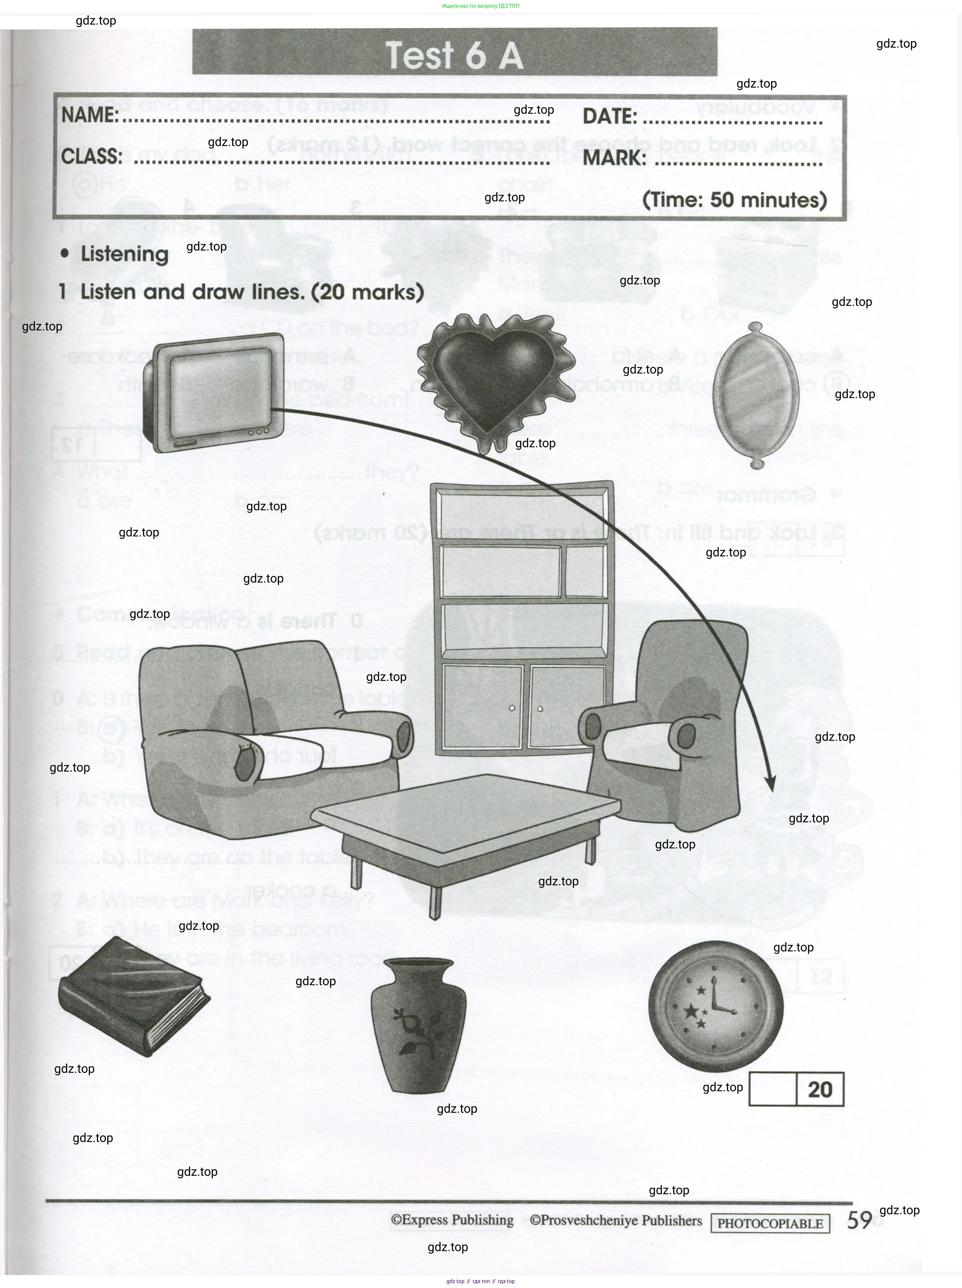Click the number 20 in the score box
tap(820, 1089)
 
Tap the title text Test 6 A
tap(454, 55)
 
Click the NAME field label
tap(90, 115)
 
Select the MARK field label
tap(614, 157)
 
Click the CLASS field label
tap(92, 156)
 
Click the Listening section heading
tap(124, 254)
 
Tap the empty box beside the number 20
tap(773, 1089)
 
